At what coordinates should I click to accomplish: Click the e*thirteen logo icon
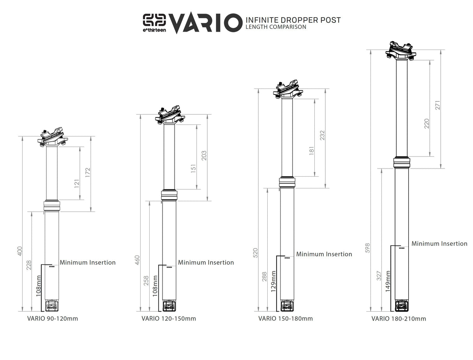155,20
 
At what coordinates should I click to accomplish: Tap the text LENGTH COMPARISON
275,27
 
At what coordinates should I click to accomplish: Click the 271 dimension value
438,113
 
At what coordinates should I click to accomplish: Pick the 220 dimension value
426,124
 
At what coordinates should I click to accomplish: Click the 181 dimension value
311,151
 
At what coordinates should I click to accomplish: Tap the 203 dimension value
204,155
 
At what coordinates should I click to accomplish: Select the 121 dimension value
77,183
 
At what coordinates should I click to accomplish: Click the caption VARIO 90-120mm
53,319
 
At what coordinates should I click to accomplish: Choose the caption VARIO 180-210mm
399,319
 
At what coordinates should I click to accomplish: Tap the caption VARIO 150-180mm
285,319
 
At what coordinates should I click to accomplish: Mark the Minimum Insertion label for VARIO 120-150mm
206,262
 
